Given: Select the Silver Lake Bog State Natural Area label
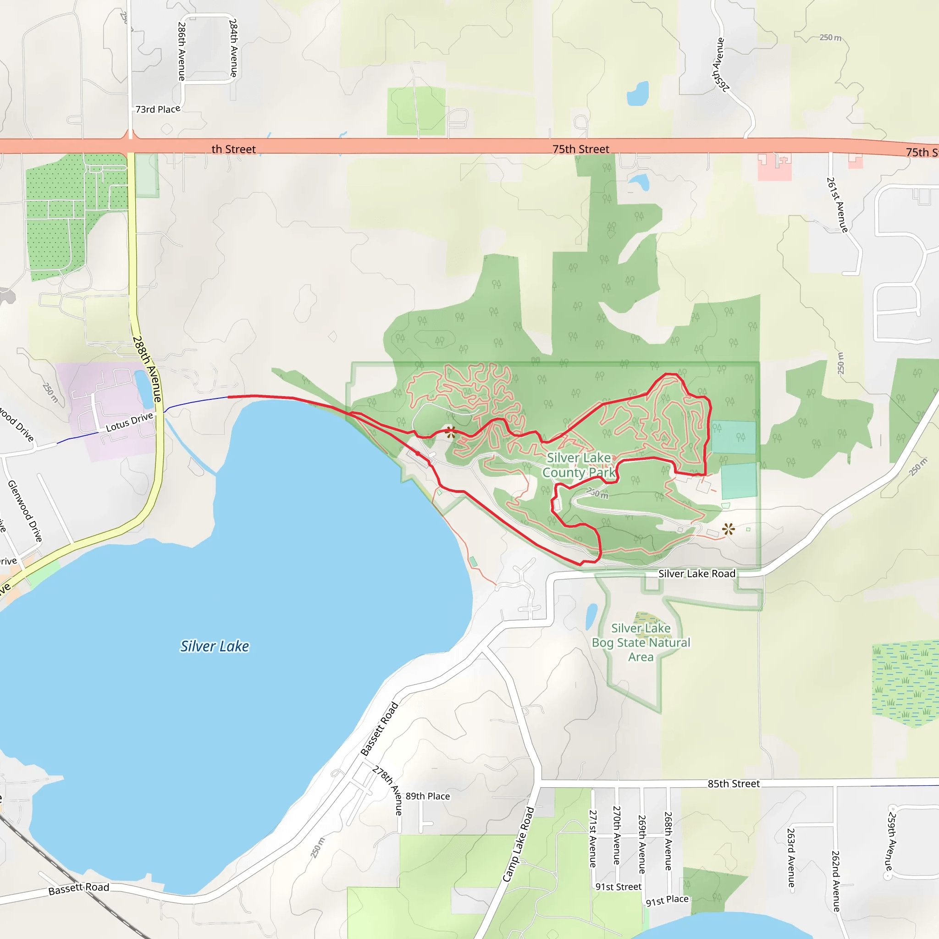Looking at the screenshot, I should [641, 642].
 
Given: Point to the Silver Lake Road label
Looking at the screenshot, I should [696, 574].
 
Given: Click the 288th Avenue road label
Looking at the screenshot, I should [147, 369].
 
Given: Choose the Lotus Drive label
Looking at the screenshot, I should [129, 422].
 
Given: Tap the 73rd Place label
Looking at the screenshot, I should [157, 110].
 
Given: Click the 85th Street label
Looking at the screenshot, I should [734, 784].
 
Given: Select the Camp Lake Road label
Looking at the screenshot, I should [519, 844].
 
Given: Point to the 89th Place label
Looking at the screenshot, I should [428, 796].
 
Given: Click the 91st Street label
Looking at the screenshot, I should [618, 887].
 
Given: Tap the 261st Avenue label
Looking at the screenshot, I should [837, 204].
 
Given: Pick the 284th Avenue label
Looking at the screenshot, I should [234, 48].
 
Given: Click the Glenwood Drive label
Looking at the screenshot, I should [25, 511].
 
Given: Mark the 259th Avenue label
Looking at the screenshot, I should [891, 841].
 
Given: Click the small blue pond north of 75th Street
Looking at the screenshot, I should [638, 94].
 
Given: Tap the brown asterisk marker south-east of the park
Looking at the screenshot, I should [728, 529].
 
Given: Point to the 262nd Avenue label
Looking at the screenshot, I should [836, 881].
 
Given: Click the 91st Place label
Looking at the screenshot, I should [667, 900].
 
